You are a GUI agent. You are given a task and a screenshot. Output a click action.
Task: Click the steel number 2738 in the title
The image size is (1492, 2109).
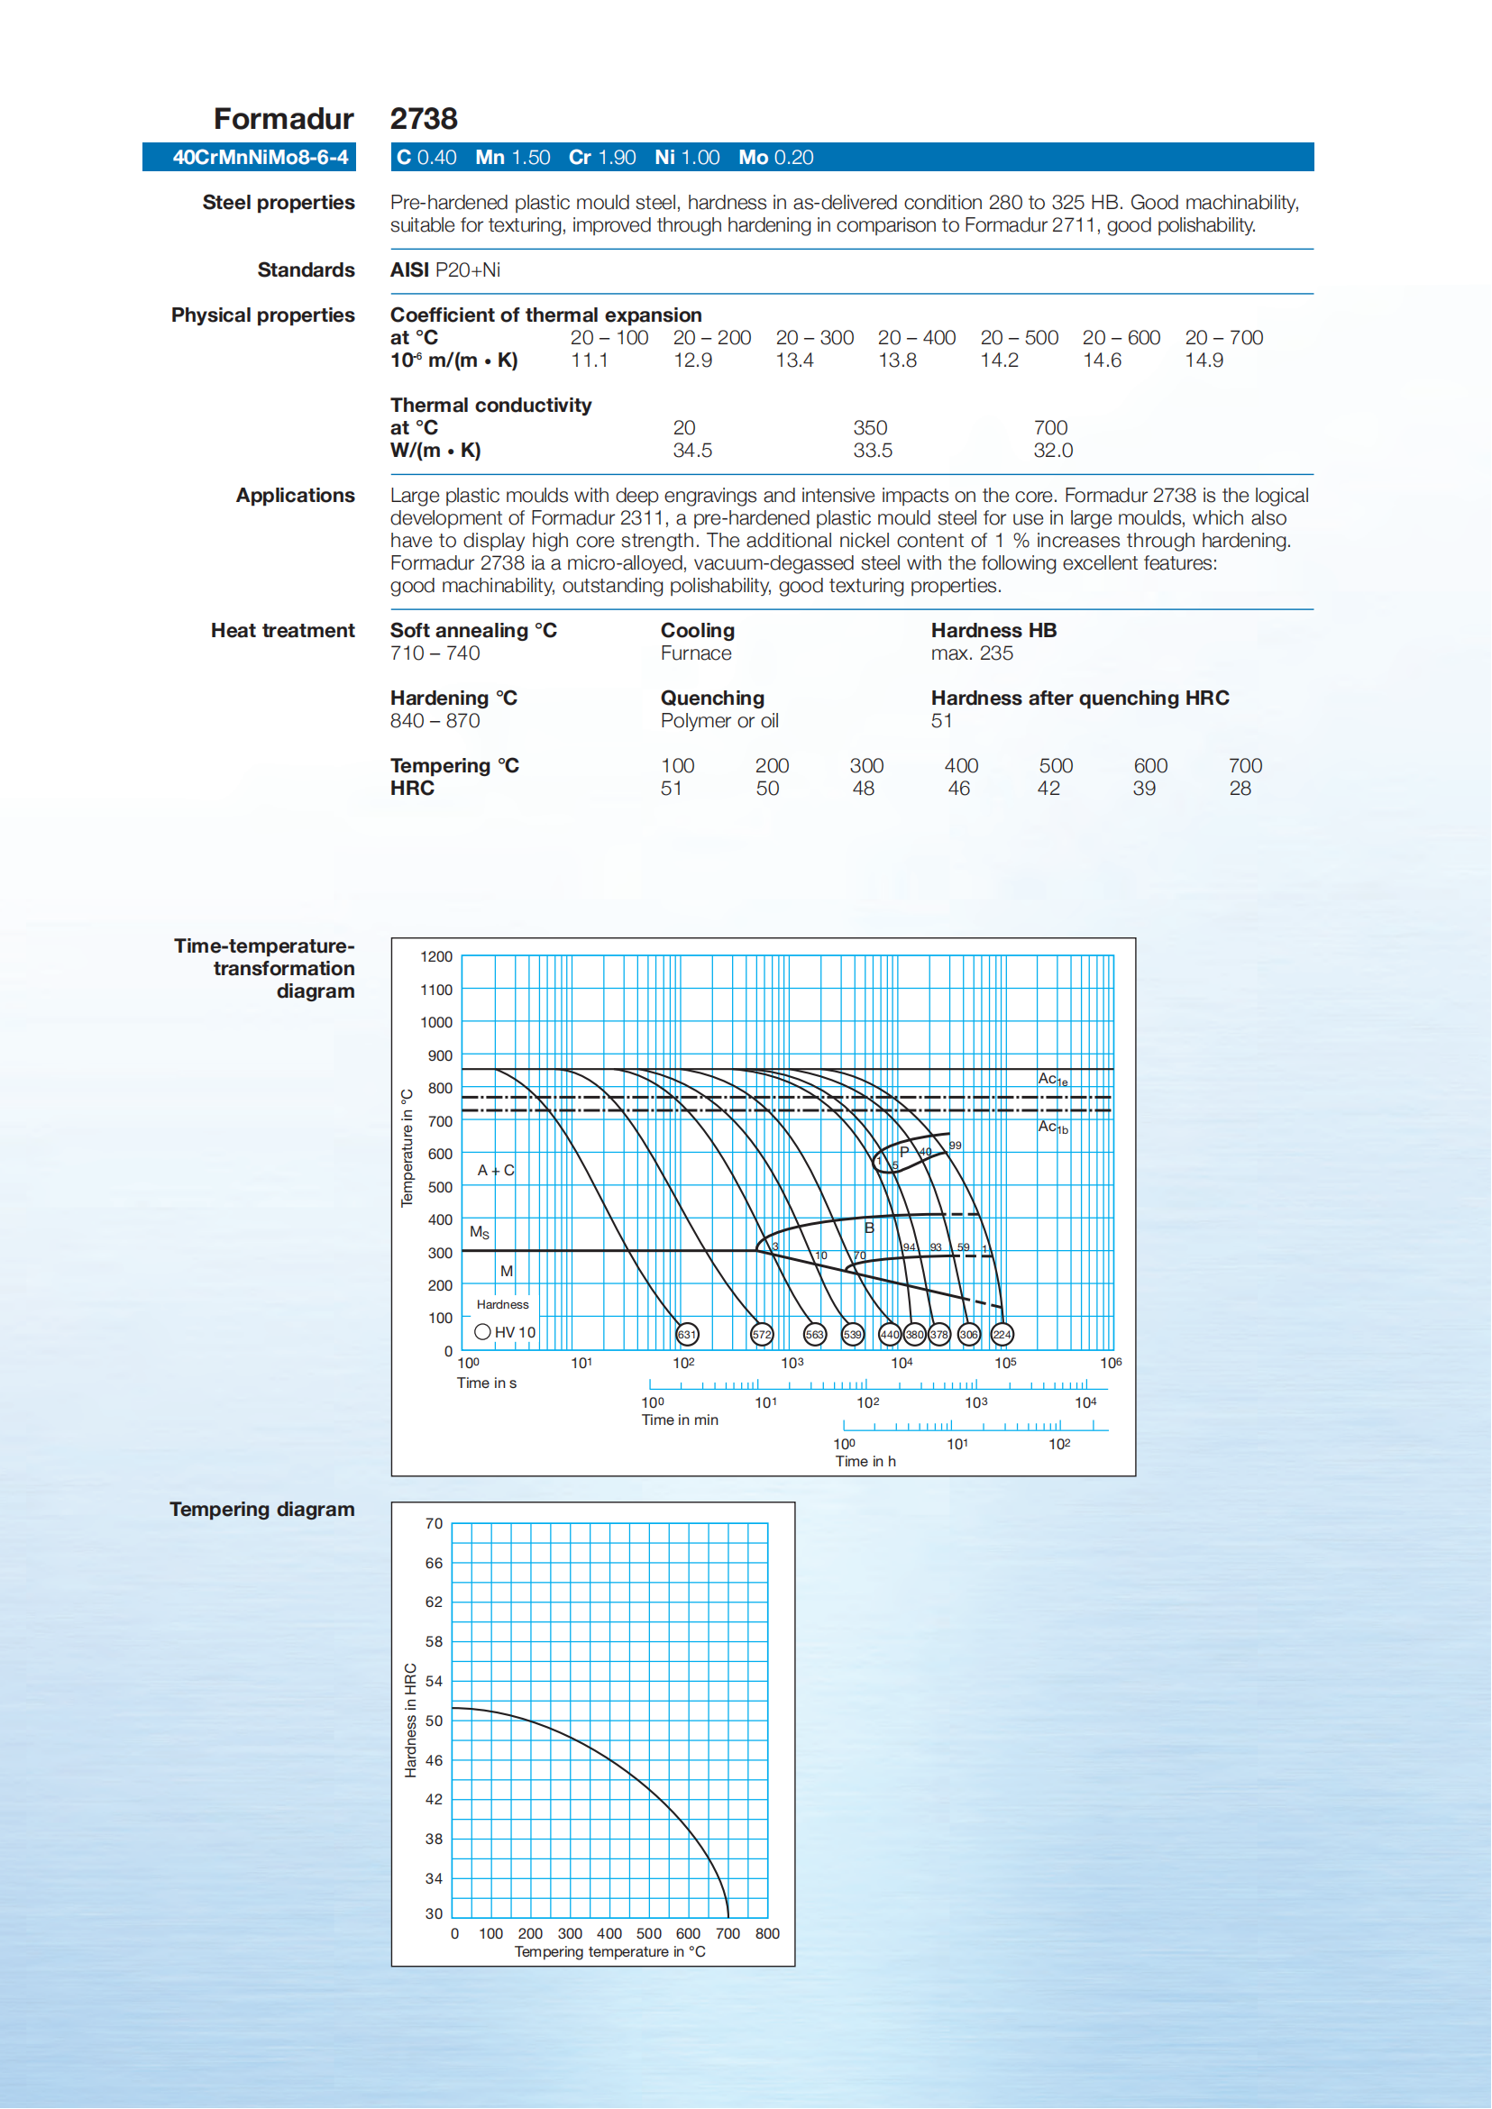pos(424,119)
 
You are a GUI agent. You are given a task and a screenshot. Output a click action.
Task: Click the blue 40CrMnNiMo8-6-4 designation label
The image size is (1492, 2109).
pos(260,157)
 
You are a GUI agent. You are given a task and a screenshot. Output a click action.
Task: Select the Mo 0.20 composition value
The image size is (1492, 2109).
pos(775,157)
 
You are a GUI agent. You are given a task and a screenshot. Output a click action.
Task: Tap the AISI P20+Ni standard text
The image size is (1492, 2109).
pos(445,270)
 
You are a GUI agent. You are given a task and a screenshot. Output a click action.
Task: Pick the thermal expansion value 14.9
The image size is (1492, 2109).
pos(1204,361)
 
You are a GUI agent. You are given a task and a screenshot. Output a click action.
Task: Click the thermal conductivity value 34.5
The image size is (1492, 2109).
pos(691,450)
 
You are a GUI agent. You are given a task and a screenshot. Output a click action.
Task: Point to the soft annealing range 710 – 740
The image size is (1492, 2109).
pos(435,653)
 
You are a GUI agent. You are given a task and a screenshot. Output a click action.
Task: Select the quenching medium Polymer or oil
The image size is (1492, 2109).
pos(719,721)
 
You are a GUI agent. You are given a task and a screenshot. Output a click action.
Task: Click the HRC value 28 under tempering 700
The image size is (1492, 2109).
pos(1240,788)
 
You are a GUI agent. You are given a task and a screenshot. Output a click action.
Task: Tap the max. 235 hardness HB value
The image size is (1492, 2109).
pos(971,653)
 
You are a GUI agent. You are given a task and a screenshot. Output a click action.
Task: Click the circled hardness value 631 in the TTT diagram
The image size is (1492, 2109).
pos(686,1334)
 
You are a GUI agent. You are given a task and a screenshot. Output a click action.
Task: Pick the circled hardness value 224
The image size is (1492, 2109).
pos(1002,1334)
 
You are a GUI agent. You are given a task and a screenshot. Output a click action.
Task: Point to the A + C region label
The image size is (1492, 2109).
pos(495,1170)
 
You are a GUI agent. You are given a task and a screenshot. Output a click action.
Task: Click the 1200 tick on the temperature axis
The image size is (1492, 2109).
pos(436,956)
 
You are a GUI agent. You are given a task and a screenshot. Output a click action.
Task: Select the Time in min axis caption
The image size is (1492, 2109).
pos(680,1420)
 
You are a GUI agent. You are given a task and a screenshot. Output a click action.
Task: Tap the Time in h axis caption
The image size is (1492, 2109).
pos(865,1461)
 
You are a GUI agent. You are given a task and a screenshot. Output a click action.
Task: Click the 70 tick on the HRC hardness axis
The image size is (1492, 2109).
pos(434,1524)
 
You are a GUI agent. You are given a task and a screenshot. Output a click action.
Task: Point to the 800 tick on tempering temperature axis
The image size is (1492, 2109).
pos(767,1933)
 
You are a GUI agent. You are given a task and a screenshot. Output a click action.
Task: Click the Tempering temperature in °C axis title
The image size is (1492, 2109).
pos(610,1952)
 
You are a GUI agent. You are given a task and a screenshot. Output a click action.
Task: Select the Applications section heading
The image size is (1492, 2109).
pos(295,496)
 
